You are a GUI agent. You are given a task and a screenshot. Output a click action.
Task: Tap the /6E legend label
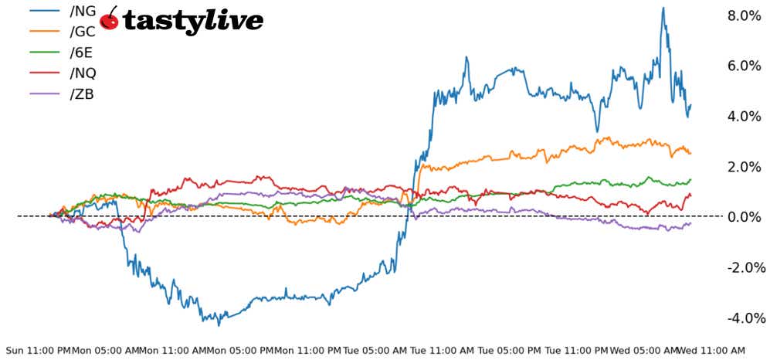pos(82,53)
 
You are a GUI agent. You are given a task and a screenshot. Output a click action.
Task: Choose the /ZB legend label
pos(83,94)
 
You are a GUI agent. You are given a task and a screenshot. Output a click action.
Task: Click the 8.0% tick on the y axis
pos(745,15)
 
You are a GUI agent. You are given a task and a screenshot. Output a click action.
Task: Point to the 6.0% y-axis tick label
pos(745,66)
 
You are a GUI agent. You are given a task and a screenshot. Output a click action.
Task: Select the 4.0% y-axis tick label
pos(745,116)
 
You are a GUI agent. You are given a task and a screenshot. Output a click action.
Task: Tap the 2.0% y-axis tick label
pos(745,166)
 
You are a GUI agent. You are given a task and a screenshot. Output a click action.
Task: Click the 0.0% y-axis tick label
pos(745,217)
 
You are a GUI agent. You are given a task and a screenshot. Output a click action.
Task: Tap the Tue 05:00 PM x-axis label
pos(510,350)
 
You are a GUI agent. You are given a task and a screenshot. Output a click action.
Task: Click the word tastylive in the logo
pos(193,21)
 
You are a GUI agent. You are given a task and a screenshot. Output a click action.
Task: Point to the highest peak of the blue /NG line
pos(663,8)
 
